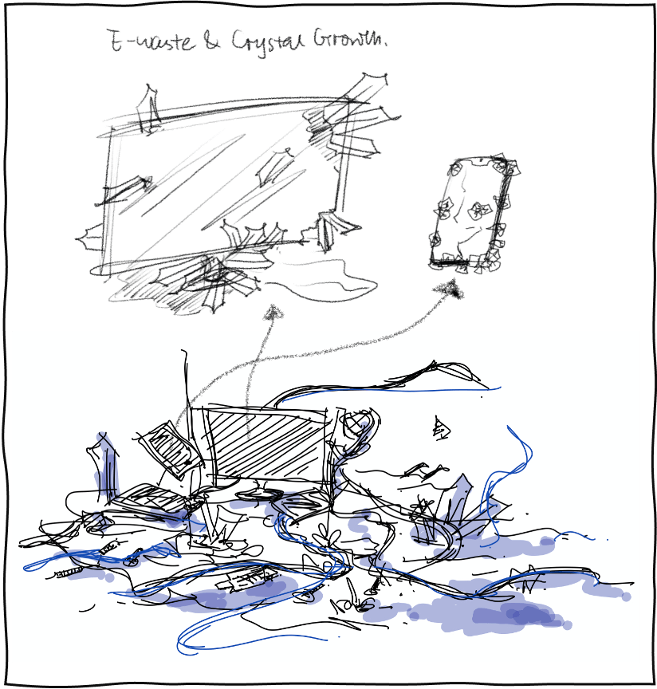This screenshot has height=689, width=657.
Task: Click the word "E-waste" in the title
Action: (151, 41)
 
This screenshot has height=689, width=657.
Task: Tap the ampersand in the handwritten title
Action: (211, 41)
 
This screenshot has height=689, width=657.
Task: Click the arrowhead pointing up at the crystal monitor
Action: (273, 313)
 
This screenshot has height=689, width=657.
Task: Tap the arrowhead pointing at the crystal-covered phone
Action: (449, 290)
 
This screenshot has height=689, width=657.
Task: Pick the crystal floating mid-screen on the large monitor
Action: (273, 167)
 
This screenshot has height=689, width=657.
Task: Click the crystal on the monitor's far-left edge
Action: (92, 238)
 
